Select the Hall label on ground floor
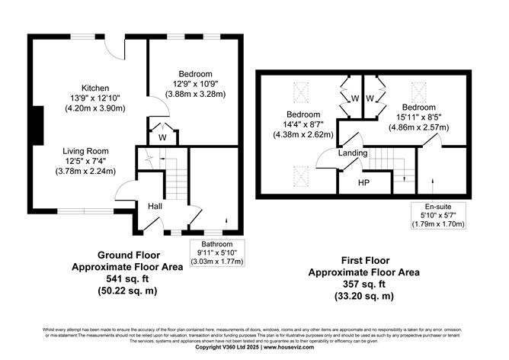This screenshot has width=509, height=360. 155,205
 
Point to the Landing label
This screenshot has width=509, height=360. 354,153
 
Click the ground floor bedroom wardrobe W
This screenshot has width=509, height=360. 162,138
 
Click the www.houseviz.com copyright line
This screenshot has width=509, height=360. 254,347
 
